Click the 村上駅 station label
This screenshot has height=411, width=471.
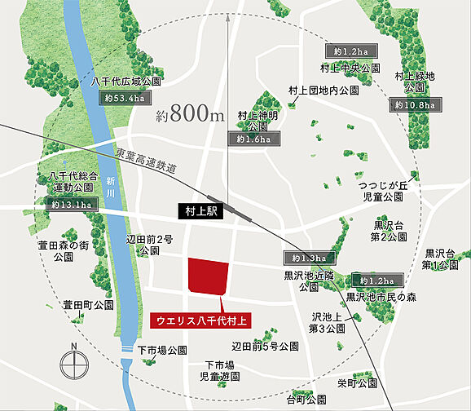pyautogui.click(x=200, y=210)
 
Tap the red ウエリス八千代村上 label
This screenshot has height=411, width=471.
pyautogui.click(x=200, y=320)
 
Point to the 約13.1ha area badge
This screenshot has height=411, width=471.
pyautogui.click(x=71, y=204)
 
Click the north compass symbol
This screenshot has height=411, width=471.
pyautogui.click(x=74, y=363)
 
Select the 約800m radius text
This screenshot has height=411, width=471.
pyautogui.click(x=189, y=116)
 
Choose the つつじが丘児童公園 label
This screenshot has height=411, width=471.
pyautogui.click(x=382, y=192)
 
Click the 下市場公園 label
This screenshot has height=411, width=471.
pyautogui.click(x=162, y=351)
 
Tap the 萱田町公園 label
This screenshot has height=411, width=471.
pyautogui.click(x=89, y=305)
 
